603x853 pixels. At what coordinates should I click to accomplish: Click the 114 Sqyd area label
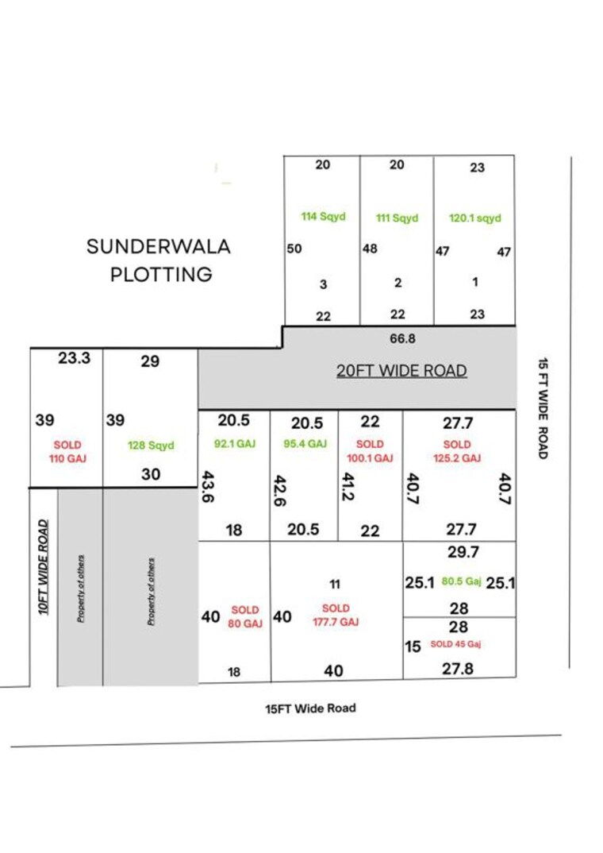click(324, 216)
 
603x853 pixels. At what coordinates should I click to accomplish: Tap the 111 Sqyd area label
click(397, 218)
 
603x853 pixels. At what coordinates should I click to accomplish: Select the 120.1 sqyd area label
click(475, 218)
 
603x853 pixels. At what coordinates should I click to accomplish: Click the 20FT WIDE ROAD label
click(401, 371)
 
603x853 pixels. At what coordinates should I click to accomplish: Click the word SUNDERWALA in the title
click(159, 246)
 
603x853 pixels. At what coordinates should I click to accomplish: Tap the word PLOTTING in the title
click(161, 275)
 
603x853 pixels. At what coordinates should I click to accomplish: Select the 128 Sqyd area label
click(151, 446)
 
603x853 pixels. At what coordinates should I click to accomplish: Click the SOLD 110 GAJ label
click(67, 452)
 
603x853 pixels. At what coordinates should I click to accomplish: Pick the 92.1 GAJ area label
click(235, 444)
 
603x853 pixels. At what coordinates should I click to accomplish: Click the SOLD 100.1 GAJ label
click(370, 451)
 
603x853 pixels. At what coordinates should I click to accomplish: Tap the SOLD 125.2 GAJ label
click(457, 451)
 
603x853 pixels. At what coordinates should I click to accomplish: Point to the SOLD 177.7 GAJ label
click(336, 616)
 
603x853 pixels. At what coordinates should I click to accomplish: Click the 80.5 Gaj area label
click(462, 581)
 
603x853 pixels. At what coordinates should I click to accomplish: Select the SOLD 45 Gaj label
click(455, 644)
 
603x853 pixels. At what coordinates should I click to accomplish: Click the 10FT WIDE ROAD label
click(44, 567)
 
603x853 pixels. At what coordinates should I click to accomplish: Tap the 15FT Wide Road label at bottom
click(310, 708)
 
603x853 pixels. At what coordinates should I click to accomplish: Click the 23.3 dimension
click(75, 358)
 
